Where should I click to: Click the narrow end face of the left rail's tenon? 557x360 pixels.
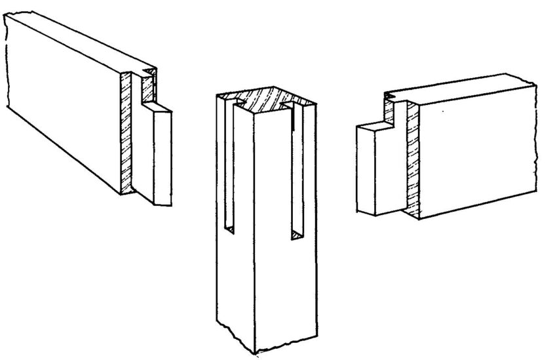[163, 157]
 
